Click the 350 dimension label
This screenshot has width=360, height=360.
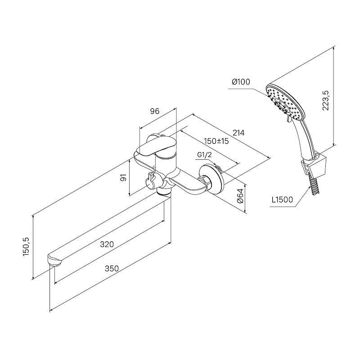[x=112, y=268]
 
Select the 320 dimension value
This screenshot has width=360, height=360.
[x=107, y=244]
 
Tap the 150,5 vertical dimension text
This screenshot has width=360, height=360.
[x=26, y=247]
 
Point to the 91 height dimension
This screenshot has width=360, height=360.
[x=123, y=177]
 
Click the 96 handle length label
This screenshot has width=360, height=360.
[x=154, y=111]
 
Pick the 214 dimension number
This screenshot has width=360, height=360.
[x=238, y=133]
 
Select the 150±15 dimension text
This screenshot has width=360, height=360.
[x=216, y=141]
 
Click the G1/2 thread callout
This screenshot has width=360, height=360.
[x=204, y=155]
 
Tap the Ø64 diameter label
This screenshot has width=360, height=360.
[x=240, y=196]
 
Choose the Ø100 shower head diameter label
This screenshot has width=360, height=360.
[x=241, y=82]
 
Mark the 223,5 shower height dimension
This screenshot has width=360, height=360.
[x=325, y=100]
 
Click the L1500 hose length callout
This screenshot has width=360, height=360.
[x=282, y=200]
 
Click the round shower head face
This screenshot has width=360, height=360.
[x=285, y=102]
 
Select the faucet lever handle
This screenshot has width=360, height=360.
[x=156, y=146]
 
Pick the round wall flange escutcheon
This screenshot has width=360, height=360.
[x=212, y=179]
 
